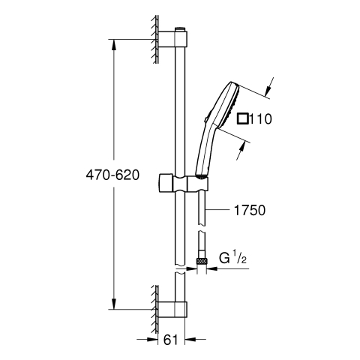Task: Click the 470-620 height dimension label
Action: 112,175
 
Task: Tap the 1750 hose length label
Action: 250,210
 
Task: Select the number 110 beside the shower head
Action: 260,119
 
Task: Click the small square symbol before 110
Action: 242,118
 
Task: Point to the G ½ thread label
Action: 232,258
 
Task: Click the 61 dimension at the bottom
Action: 171,340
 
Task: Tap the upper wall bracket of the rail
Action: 172,39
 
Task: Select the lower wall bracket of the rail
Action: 172,310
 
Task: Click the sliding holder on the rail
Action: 182,184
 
